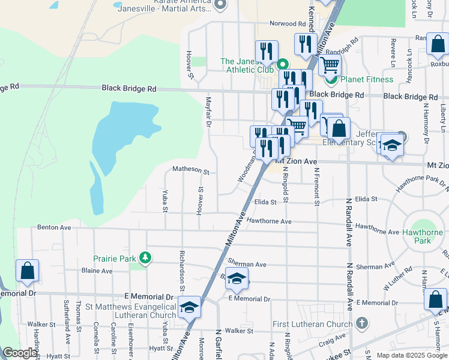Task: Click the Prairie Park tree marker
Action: (145, 258)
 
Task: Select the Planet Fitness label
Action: (367, 79)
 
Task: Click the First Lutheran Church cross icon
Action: (361, 324)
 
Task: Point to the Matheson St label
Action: (190, 170)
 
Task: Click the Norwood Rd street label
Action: (288, 23)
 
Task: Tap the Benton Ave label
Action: (54, 227)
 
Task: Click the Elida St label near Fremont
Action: (366, 199)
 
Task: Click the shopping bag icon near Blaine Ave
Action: (27, 271)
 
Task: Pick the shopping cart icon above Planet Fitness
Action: (330, 65)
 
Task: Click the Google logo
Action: (20, 353)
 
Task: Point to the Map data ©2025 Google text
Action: (411, 355)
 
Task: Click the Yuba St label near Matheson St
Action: (164, 200)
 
